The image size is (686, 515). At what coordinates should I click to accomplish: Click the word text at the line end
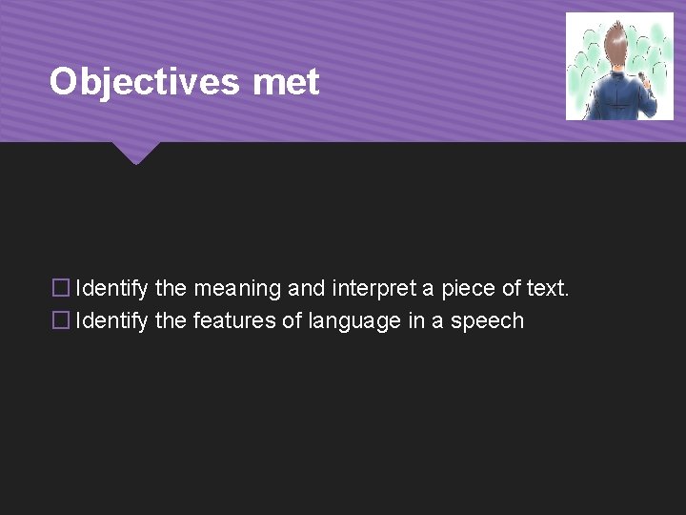547,288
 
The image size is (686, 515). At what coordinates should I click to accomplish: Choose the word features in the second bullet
234,320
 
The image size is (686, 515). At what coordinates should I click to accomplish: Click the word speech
487,321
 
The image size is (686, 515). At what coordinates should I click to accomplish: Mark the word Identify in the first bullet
111,288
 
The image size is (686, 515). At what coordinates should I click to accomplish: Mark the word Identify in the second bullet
111,320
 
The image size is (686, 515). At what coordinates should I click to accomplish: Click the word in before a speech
416,320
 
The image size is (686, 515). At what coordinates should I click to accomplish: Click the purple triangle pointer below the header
134,153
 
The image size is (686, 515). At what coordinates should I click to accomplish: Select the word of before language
292,320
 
